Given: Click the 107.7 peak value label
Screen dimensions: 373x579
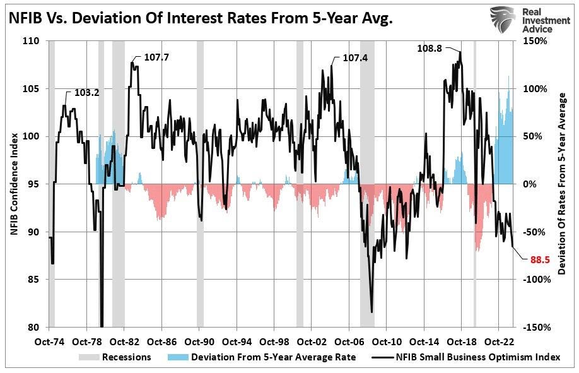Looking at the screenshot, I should tap(157, 57).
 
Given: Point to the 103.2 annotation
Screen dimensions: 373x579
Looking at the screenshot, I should tap(87, 92).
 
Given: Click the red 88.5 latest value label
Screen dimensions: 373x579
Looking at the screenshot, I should tap(535, 258).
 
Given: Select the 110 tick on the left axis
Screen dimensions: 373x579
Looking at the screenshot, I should tap(31, 41).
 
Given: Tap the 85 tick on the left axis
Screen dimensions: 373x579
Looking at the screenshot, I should tap(33, 280).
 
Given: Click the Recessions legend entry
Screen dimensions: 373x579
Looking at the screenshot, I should tap(127, 357).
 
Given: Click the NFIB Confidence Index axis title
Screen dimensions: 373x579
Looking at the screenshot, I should tap(14, 184).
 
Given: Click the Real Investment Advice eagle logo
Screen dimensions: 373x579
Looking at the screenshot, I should tap(503, 19).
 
